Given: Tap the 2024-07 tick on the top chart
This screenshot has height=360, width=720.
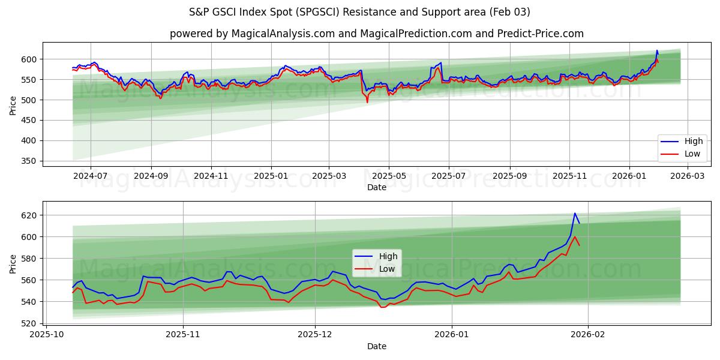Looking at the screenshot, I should point(91,176).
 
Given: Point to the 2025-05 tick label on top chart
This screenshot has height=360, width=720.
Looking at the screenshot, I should point(389,176).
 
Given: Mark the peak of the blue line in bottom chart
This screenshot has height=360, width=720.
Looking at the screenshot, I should point(575,213).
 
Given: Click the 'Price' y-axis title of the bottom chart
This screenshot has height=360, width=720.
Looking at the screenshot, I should point(13,263).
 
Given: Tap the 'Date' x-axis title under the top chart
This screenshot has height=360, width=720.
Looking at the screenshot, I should point(377,187).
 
